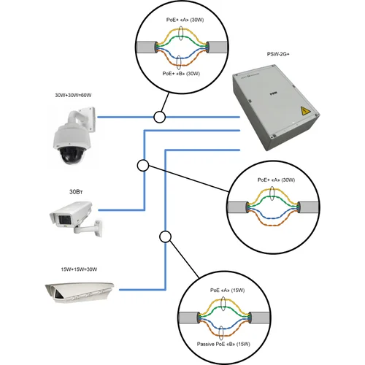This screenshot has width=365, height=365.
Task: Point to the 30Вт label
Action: pyautogui.click(x=77, y=191)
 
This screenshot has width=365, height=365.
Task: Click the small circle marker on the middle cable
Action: pyautogui.click(x=143, y=166)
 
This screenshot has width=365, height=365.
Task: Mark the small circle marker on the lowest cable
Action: pyautogui.click(x=165, y=237)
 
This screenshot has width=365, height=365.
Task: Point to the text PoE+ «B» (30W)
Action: pyautogui.click(x=179, y=73)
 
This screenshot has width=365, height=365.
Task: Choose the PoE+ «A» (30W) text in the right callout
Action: pyautogui.click(x=274, y=180)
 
